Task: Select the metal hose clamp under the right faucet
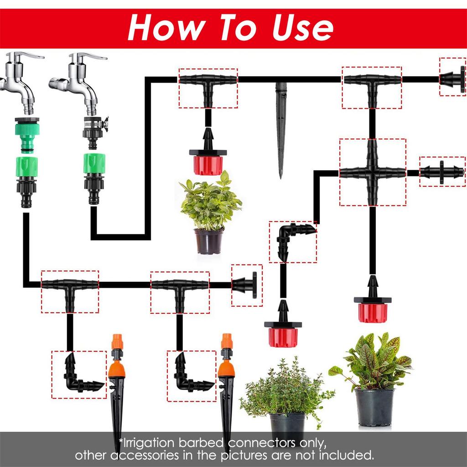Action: tap(96, 122)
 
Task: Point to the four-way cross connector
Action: tap(373, 172)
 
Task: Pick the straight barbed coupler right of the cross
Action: tap(442, 172)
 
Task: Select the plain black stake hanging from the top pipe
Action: tap(280, 128)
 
